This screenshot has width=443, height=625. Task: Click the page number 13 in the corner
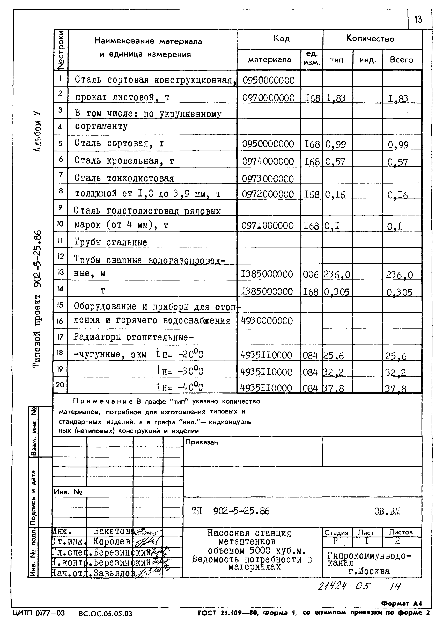pos(418,20)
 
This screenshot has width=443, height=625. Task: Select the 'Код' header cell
pos(281,39)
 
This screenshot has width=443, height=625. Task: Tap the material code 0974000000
pos(268,161)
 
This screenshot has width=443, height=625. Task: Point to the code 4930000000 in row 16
pos(267,321)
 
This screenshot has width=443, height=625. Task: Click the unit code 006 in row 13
pos(311,274)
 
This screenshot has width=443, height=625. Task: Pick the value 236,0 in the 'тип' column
pos(337,274)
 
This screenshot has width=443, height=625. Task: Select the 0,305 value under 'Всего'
pos(399,292)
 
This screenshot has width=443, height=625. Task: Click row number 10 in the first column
pos(60,224)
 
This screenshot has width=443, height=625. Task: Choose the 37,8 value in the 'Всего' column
pos(396,388)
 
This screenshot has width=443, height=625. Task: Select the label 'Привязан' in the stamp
pos(202,442)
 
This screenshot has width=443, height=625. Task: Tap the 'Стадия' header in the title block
pos(336,532)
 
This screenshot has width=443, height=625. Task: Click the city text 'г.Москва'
pos(369,571)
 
